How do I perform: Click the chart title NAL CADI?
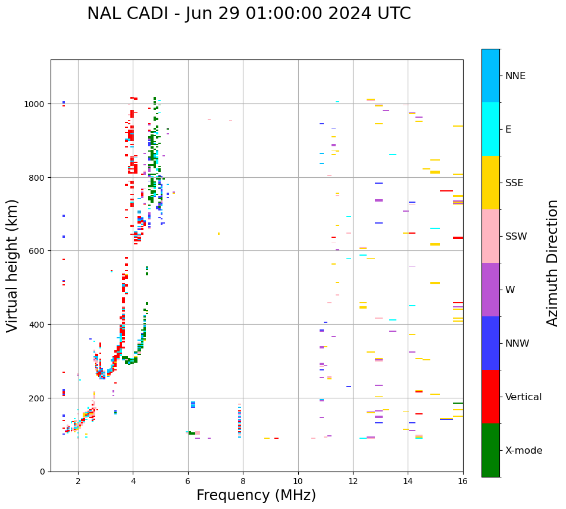[249, 14]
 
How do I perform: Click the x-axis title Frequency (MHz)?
[256, 495]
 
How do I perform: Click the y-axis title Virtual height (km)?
[12, 265]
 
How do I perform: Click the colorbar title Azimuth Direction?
[553, 262]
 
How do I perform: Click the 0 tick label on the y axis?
[42, 472]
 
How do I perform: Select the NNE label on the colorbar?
[515, 76]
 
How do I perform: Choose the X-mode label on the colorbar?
[524, 451]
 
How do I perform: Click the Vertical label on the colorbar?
[523, 397]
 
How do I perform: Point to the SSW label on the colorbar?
[516, 237]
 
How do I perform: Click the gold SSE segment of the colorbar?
[490, 183]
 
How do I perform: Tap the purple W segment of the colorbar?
[490, 290]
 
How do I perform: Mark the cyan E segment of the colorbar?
[490, 129]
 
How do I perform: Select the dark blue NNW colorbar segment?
[490, 343]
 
